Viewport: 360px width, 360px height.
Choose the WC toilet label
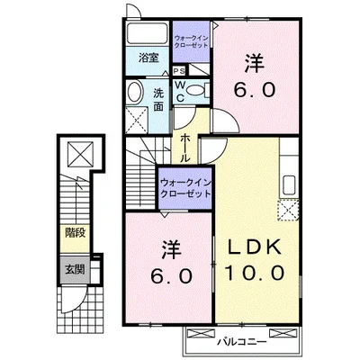[180, 91]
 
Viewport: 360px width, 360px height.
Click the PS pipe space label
[179, 71]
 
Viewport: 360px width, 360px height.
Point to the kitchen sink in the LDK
[292, 186]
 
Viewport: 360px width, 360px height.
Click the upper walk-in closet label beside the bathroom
[190, 42]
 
